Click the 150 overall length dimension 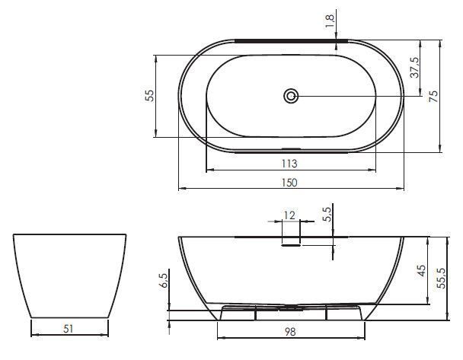pos(289,183)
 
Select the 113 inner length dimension pos(289,164)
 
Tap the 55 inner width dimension pos(150,96)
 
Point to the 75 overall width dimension pos(433,96)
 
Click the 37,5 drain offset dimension pos(414,67)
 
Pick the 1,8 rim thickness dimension pos(330,21)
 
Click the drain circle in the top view pos(291,96)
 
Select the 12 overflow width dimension pos(289,215)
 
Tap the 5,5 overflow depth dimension pos(327,214)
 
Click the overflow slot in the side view pos(292,244)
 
